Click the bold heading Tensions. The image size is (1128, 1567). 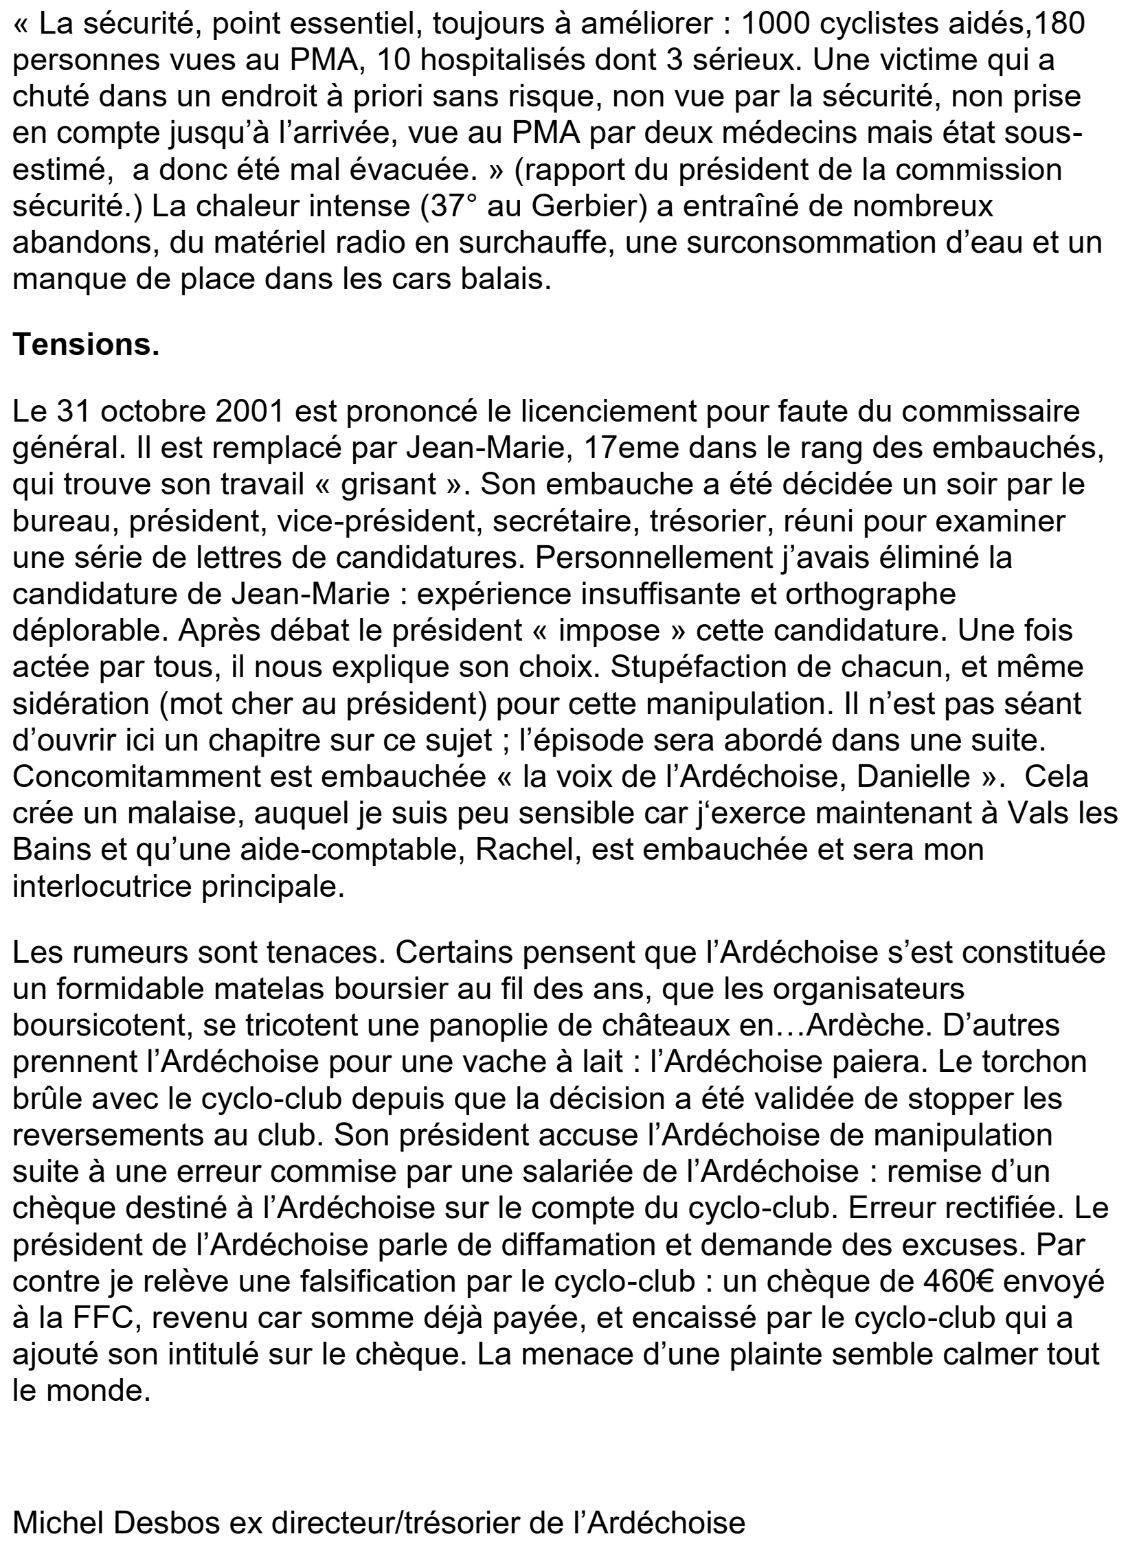click(x=86, y=344)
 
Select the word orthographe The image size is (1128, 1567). click(x=852, y=593)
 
